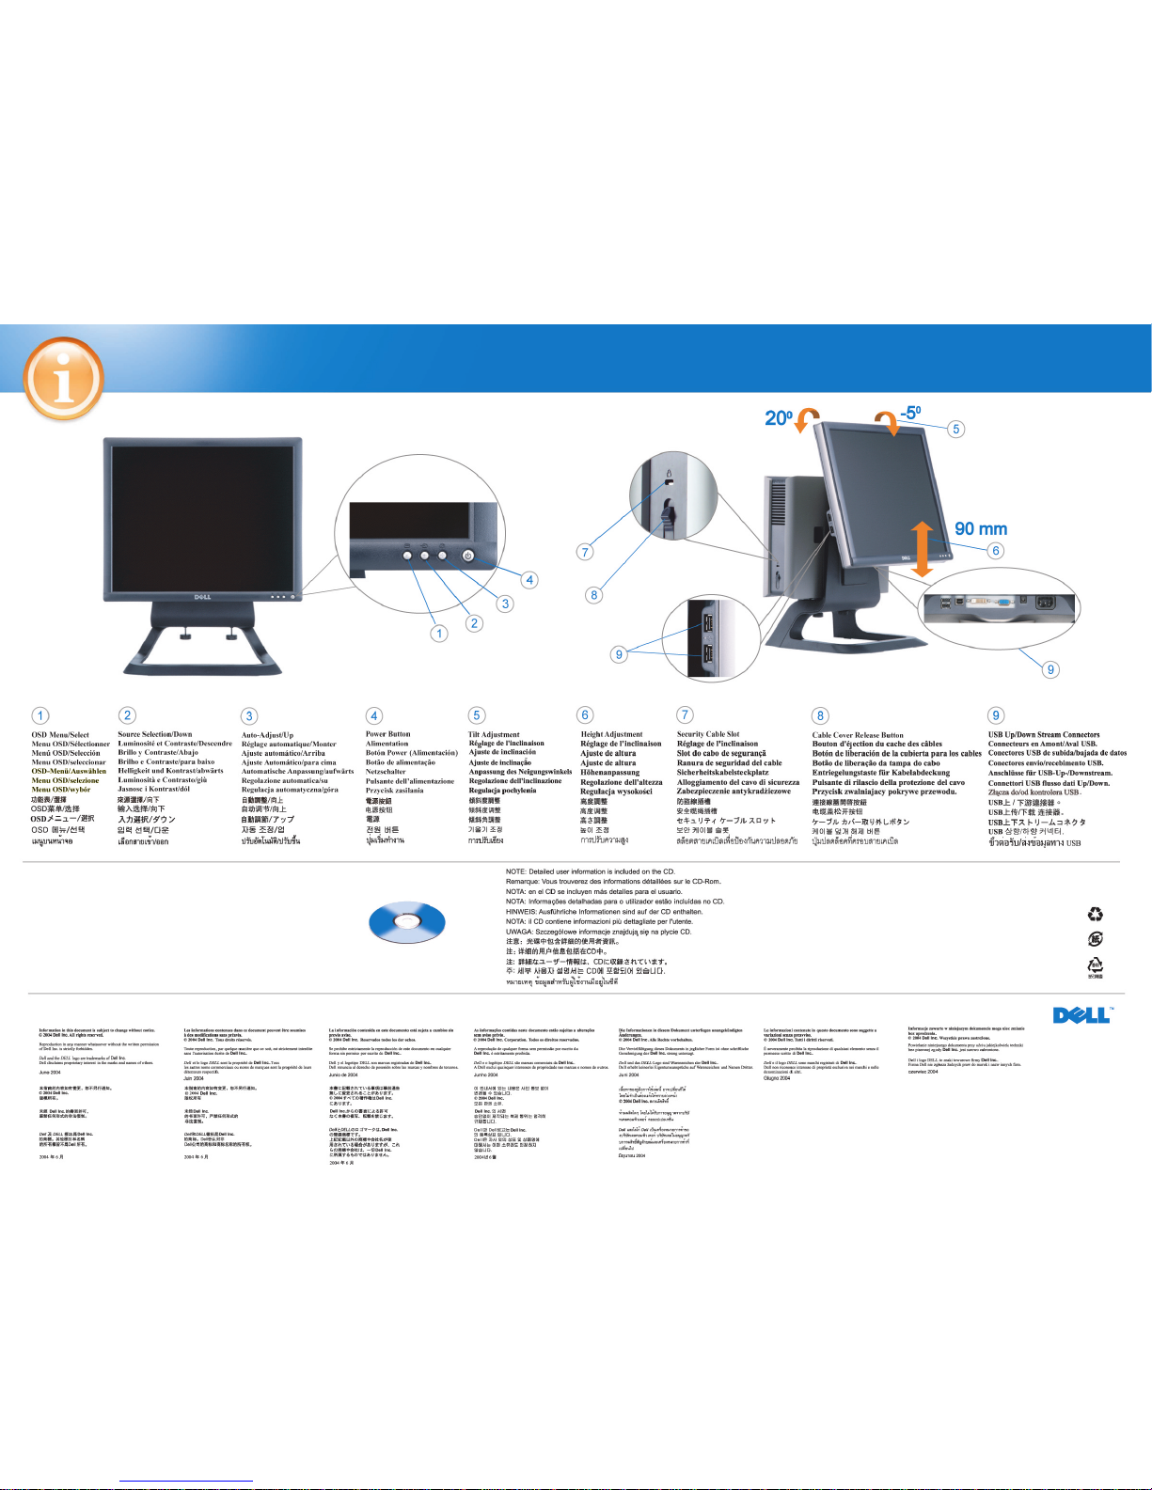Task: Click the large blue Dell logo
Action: tap(1081, 1014)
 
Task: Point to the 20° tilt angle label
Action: tap(779, 417)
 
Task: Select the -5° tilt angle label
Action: tap(909, 412)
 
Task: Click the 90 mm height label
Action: tap(981, 529)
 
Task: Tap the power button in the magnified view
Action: tap(468, 556)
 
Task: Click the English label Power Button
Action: tap(387, 734)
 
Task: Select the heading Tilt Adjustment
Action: tap(494, 734)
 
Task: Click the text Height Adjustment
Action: tap(611, 734)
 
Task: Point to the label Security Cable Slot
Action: tap(708, 734)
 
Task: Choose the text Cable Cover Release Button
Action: tap(858, 735)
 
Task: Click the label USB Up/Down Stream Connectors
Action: tap(1043, 735)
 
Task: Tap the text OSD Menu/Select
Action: tap(60, 735)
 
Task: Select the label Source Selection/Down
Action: tap(155, 734)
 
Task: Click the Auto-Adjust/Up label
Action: tap(267, 735)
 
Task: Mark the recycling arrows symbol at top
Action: tap(1095, 914)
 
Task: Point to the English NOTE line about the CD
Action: tap(590, 871)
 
